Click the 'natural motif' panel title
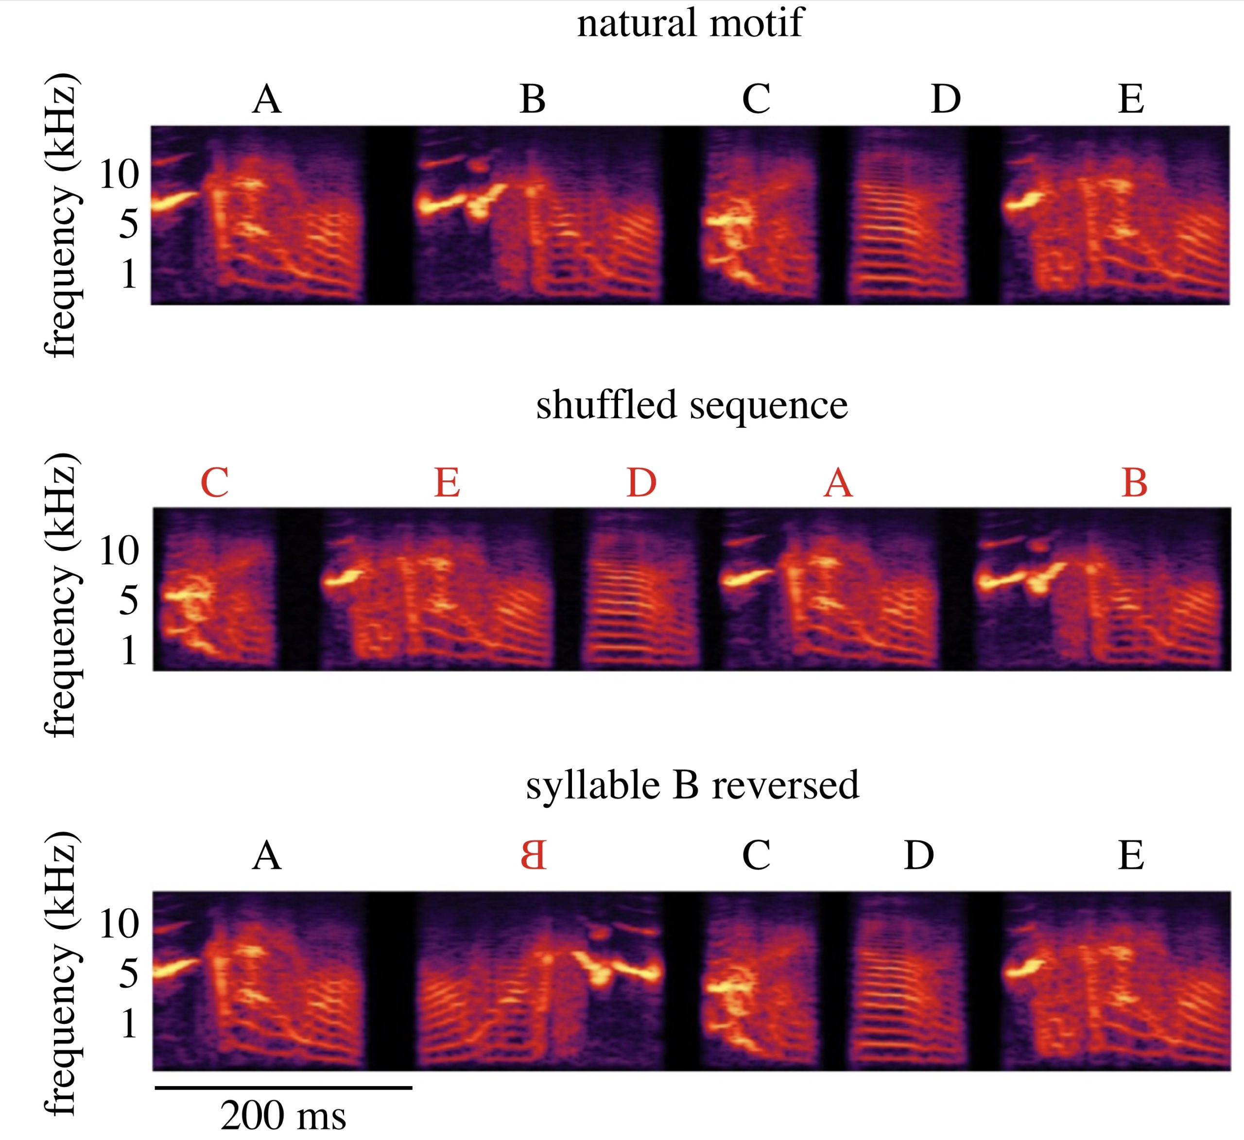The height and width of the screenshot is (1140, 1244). coord(690,23)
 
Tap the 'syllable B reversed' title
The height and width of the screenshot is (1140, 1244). coord(691,785)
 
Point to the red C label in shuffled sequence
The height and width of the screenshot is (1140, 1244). coord(215,482)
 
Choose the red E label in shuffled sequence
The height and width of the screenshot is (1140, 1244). coord(447,482)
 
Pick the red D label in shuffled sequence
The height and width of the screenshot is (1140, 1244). coord(641,482)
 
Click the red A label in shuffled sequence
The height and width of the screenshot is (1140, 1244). coord(838,482)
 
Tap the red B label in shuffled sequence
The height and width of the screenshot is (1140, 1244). coord(1134,482)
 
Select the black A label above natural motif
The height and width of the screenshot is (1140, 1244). coord(267,99)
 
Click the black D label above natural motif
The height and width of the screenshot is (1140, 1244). coord(945,99)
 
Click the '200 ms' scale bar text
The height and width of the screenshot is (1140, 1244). coord(283,1115)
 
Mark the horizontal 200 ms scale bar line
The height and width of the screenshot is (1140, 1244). coord(283,1088)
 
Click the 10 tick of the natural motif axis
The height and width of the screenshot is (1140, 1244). coord(119,174)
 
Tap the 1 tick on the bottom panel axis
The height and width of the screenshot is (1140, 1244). coord(128,1023)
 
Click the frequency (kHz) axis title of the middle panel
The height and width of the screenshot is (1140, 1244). coord(60,595)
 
